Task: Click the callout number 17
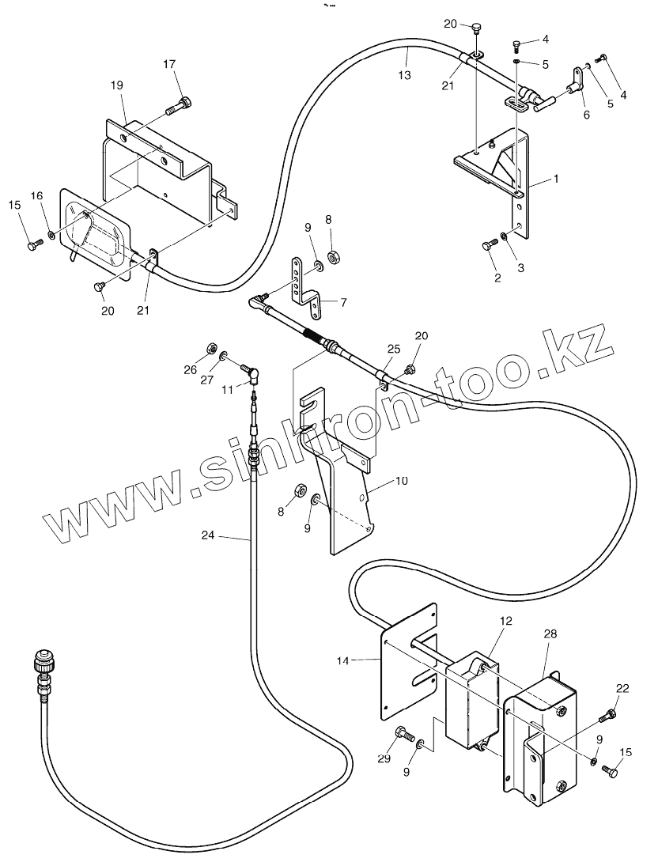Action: (x=169, y=64)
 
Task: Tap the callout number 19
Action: (x=117, y=85)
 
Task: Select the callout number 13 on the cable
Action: (x=404, y=76)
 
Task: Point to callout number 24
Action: (x=207, y=535)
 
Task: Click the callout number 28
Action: (x=550, y=633)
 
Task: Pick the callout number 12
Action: (x=506, y=622)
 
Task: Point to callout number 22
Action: (x=622, y=688)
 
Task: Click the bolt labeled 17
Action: (x=179, y=104)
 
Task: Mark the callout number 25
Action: (x=393, y=349)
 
